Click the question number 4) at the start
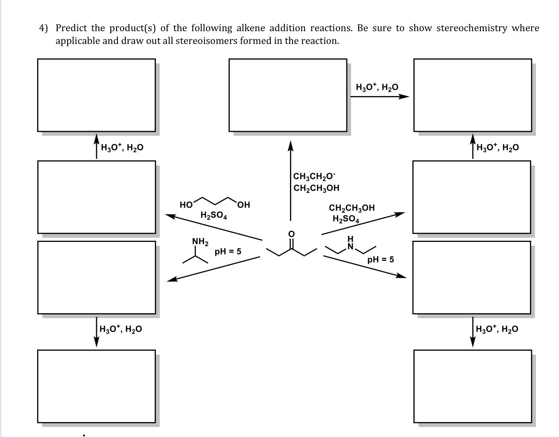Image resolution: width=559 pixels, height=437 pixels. (x=43, y=28)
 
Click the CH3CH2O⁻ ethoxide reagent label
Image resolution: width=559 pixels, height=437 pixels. (x=315, y=176)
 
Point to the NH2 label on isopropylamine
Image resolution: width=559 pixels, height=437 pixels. (x=200, y=242)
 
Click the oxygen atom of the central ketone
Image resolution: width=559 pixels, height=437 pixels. (x=291, y=234)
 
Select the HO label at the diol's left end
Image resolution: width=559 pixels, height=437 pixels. (x=186, y=205)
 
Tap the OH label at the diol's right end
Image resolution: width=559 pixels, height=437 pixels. (x=243, y=205)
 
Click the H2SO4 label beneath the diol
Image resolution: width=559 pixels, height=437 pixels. (x=214, y=216)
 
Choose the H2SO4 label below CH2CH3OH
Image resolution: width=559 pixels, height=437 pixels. (x=346, y=219)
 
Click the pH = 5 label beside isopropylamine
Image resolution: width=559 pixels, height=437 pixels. (x=228, y=251)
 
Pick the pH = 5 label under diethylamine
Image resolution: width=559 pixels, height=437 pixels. (x=380, y=259)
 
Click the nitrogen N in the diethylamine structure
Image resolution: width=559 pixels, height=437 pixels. (x=351, y=246)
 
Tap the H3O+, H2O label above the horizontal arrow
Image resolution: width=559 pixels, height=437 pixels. (x=377, y=87)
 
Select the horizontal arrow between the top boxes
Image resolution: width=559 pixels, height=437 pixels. (x=379, y=96)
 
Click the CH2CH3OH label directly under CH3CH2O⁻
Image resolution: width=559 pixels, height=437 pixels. (x=316, y=188)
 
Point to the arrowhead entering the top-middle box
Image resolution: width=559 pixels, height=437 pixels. (x=290, y=146)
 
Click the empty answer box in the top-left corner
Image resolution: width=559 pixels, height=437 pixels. (x=97, y=95)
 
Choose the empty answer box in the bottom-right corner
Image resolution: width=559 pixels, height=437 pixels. (x=473, y=386)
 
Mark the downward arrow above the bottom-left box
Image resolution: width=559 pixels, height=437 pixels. (x=97, y=332)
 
